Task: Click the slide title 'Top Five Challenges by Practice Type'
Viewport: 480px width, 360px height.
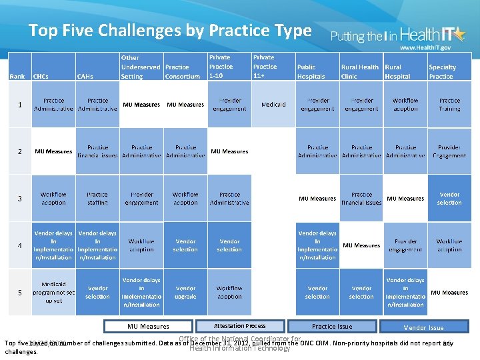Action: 170,31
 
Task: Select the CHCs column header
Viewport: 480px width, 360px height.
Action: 41,76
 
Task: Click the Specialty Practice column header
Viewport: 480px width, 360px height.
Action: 442,71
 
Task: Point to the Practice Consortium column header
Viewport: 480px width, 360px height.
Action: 182,71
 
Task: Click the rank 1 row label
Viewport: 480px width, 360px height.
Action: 20,105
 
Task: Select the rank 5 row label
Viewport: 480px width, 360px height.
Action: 20,293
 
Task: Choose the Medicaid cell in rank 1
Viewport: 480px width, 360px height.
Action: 273,105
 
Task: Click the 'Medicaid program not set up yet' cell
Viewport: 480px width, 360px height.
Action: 53,293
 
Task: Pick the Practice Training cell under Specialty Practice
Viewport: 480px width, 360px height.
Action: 449,105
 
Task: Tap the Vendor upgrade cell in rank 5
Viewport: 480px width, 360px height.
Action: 185,293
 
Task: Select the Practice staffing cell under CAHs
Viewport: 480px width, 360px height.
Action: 97,199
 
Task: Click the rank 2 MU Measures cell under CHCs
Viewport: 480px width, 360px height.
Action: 53,152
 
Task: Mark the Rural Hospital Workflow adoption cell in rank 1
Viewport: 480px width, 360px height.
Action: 405,105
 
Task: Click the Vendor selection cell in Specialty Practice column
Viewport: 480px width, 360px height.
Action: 449,199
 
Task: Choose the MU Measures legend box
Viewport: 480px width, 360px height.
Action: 148,327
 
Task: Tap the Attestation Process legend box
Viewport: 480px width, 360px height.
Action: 239,327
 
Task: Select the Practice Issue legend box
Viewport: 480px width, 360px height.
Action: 331,327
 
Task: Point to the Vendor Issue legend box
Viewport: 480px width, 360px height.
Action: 423,327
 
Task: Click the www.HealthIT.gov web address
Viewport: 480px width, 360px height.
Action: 425,48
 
